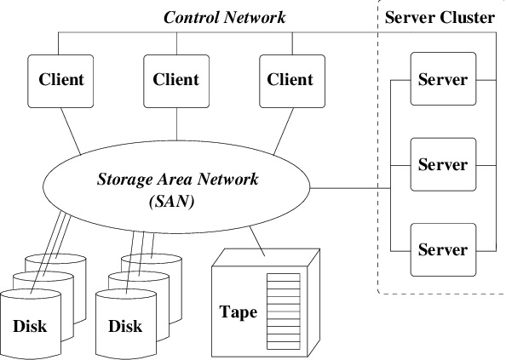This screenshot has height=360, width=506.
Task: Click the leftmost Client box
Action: click(60, 81)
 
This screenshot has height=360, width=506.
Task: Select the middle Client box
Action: click(176, 81)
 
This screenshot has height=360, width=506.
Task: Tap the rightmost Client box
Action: click(292, 81)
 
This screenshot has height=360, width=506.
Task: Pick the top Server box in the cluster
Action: click(444, 79)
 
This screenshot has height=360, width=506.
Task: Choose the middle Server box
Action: click(444, 164)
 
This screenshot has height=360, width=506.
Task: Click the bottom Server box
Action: click(444, 249)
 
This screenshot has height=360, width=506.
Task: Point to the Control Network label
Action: click(225, 17)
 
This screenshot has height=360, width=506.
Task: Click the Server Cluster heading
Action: click(440, 17)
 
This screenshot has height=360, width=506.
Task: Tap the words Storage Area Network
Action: click(178, 180)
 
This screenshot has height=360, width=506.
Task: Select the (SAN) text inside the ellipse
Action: click(172, 202)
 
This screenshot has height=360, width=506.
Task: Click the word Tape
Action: click(239, 312)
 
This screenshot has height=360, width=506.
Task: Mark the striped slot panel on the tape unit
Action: click(284, 311)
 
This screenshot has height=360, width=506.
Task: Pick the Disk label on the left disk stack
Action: click(30, 326)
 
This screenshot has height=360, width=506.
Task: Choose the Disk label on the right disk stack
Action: click(125, 326)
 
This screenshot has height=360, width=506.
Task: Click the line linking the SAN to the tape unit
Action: click(257, 242)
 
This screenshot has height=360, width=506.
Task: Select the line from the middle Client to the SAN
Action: click(176, 124)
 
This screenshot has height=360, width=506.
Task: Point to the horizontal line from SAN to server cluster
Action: click(350, 188)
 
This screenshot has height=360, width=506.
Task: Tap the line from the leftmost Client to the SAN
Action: click(71, 131)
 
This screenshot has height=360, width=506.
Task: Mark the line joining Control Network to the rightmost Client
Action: click(292, 43)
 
